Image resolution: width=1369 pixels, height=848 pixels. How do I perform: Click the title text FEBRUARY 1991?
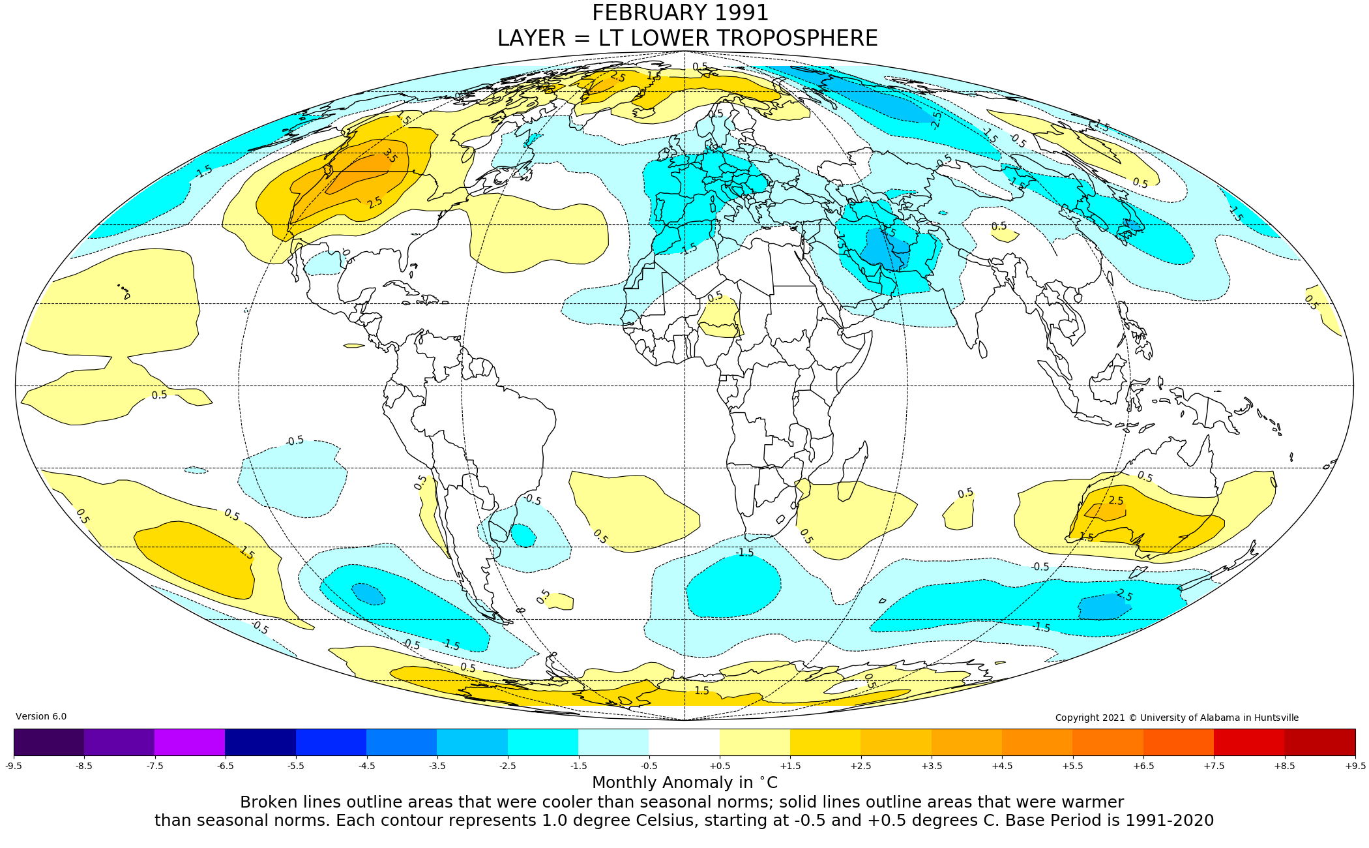[x=680, y=13]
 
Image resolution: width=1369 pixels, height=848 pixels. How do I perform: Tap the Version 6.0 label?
[x=41, y=716]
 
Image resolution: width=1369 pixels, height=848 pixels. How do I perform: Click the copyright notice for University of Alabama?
[x=1177, y=718]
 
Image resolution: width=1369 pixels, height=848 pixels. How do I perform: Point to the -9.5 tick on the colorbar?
[x=14, y=766]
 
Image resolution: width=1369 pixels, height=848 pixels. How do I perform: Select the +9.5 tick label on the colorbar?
[x=1355, y=766]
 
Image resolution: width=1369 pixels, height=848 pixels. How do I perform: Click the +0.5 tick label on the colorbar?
[x=720, y=766]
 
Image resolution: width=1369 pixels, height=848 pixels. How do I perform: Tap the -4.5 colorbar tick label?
[x=367, y=766]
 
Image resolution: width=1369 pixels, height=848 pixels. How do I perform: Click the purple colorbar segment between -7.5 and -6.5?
[x=190, y=742]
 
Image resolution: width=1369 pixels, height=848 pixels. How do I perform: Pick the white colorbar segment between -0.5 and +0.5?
[x=684, y=742]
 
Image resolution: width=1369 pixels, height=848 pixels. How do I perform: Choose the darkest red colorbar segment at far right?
[x=1319, y=742]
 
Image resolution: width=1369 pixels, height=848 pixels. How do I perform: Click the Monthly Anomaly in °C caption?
[x=684, y=783]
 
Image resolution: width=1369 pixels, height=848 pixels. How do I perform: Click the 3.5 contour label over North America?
[x=389, y=155]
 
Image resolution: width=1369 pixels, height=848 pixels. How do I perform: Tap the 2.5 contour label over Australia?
[x=1116, y=501]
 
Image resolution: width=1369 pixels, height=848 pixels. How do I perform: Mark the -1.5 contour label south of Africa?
[x=744, y=553]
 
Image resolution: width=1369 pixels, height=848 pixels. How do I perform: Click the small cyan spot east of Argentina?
[x=523, y=536]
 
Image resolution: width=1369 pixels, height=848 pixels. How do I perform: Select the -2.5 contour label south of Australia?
[x=1124, y=595]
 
